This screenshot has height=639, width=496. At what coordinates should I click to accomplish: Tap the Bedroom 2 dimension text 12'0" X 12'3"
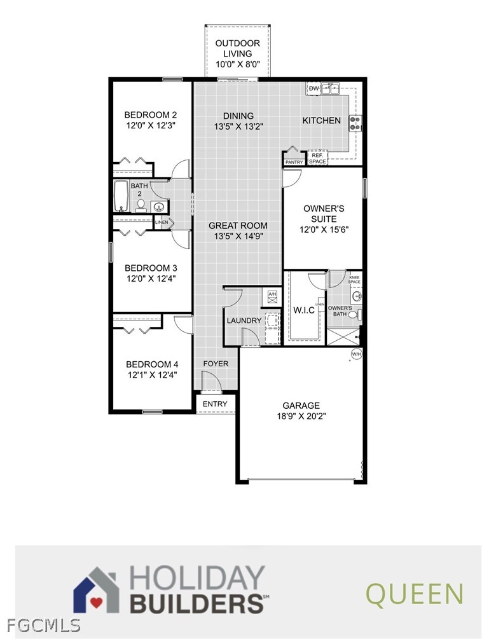150,126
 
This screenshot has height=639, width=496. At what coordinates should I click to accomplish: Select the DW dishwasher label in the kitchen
313,88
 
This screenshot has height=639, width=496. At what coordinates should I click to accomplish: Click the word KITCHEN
321,120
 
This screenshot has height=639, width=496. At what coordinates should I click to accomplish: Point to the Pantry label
294,162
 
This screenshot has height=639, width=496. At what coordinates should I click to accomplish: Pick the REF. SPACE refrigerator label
317,158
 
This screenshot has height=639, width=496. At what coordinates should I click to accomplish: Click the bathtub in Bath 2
121,196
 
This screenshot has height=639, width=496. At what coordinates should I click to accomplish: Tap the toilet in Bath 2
141,205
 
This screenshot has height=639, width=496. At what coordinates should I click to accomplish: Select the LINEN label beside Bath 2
162,223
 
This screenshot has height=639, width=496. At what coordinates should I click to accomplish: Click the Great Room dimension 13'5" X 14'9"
238,236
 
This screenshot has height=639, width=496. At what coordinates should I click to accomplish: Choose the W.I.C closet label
304,310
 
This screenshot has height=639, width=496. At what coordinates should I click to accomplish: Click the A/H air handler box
272,294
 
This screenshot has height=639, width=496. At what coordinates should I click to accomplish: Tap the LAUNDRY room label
244,320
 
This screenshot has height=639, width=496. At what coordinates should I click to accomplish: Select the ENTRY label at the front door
215,404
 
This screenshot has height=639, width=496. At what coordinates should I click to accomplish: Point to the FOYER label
215,364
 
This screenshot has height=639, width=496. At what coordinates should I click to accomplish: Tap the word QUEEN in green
414,594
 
